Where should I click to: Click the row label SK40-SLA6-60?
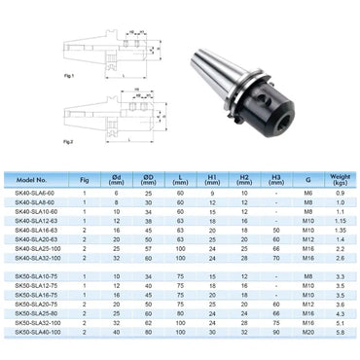point(38,196)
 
